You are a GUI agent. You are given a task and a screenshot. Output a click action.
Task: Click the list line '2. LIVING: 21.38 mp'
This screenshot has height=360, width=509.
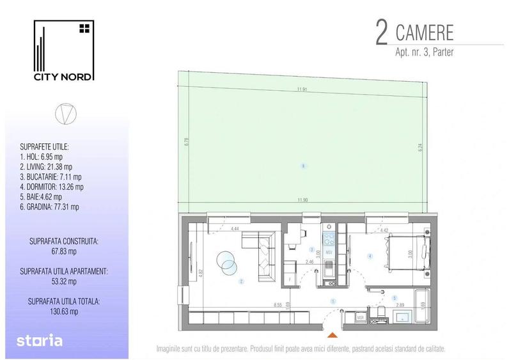pyautogui.click(x=46, y=165)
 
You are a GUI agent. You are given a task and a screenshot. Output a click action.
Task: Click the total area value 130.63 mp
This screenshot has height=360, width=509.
pyautogui.click(x=63, y=311)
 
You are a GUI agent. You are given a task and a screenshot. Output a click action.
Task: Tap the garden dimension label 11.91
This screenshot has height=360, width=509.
pyautogui.click(x=302, y=90)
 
